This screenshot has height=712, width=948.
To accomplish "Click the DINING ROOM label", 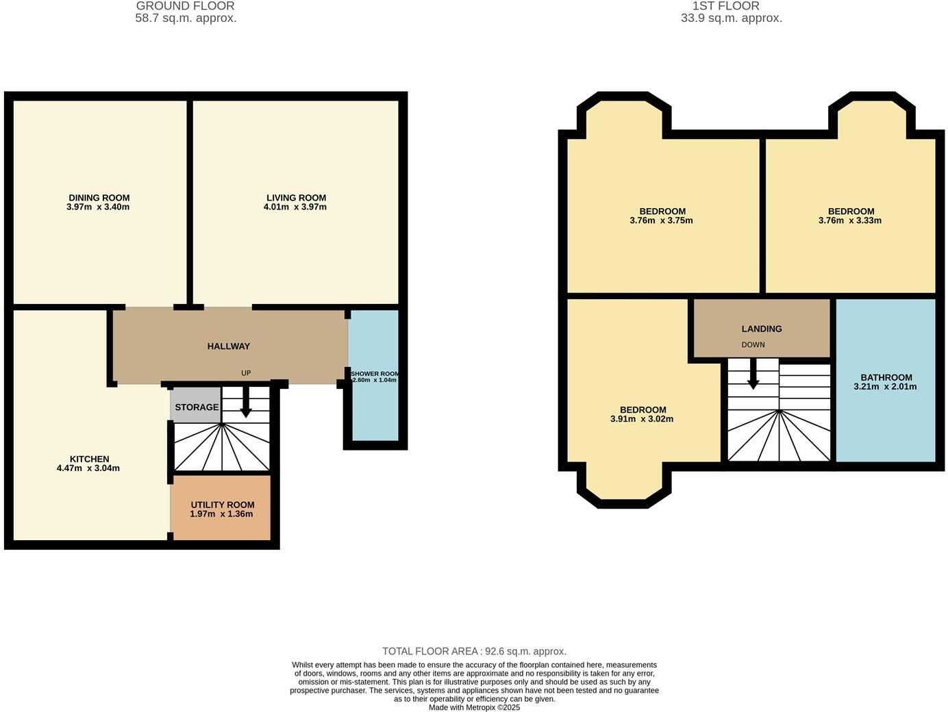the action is tap(99, 198).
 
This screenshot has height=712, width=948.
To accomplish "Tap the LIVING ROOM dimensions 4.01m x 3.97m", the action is tap(295, 207).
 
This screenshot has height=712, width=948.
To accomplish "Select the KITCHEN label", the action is tap(90, 459).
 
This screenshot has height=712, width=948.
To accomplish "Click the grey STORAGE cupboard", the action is tap(196, 405).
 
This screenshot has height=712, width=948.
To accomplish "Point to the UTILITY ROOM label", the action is tap(223, 505).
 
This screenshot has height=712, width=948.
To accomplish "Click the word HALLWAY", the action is tap(229, 346).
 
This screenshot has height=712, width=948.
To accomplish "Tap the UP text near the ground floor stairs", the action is tap(246, 373).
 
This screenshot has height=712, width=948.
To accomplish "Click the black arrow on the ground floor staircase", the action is tap(246, 402).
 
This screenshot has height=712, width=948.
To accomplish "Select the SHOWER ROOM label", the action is tap(375, 374).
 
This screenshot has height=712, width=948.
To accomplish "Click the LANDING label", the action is tap(762, 329).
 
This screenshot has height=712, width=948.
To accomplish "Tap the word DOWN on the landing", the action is tap(753, 345).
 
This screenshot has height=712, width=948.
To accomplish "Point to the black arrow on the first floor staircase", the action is tap(753, 374).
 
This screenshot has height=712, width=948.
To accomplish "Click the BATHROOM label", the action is tap(886, 378).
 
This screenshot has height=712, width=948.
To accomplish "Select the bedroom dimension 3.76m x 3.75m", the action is tap(661, 220).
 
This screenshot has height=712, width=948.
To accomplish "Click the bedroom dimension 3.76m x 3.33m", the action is tap(850, 220).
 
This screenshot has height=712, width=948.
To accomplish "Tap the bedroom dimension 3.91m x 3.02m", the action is tap(642, 419).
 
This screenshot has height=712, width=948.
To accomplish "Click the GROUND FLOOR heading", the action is tap(185, 6).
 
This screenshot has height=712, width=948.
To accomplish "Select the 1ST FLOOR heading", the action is tap(726, 6).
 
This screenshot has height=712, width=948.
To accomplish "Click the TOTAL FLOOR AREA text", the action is tap(474, 651).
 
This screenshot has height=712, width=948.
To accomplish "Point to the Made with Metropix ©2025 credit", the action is tap(474, 708).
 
